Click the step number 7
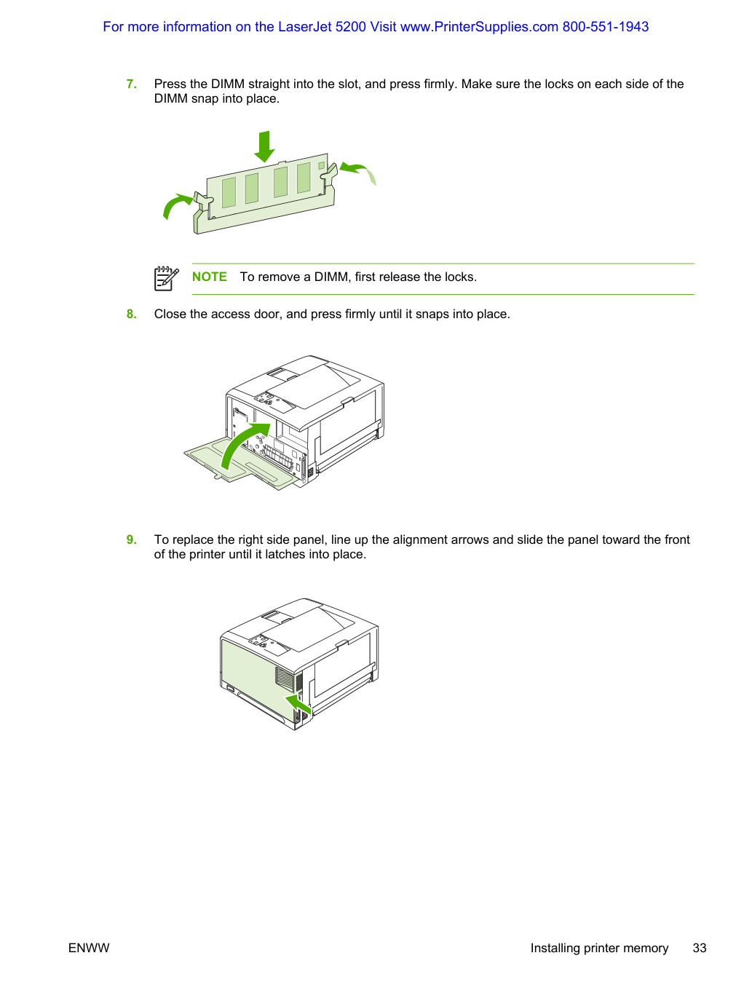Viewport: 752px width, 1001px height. coord(131,84)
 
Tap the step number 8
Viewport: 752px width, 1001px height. coord(131,314)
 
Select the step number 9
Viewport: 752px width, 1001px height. coord(131,539)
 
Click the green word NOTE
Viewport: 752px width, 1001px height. coord(210,277)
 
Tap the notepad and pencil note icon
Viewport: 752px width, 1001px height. coord(166,278)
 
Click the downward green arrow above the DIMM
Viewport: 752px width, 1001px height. coord(264,146)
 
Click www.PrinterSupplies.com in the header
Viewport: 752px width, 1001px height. coord(479,27)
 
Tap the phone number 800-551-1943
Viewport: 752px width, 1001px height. coord(606,27)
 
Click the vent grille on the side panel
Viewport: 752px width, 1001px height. coord(285,677)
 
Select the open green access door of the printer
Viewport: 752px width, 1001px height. coord(242,462)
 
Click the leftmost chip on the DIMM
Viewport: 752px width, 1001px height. coord(229,192)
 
